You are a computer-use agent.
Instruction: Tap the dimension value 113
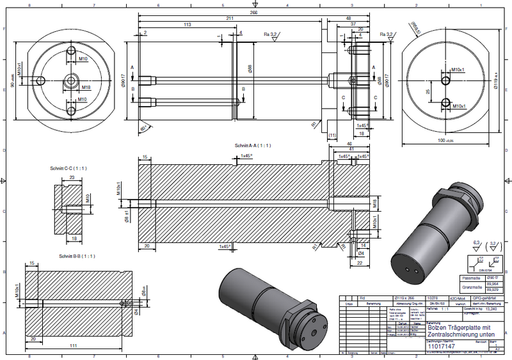188,24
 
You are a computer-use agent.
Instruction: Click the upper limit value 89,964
494,284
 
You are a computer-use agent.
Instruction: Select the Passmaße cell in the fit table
470,278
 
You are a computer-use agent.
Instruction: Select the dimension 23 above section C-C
72,177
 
